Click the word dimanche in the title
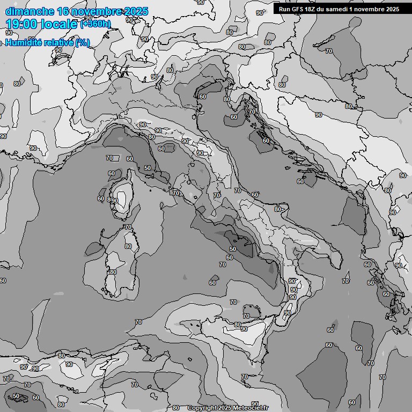29,11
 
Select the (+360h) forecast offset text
95,24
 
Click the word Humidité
23,42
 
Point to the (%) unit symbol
82,42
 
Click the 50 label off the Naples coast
232,249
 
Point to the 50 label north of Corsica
148,168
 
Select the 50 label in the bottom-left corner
16,396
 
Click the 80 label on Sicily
237,325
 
